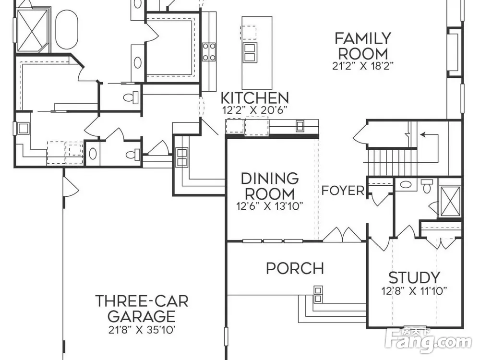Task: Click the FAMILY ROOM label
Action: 363,46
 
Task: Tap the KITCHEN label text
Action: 255,98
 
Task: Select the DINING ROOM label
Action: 270,186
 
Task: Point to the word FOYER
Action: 343,191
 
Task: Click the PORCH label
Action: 295,268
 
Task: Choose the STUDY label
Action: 414,277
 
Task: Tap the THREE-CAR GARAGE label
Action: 142,309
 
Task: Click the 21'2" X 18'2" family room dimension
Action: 363,66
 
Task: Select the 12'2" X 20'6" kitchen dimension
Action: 255,110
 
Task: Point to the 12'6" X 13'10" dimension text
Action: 270,206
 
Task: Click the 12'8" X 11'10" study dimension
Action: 414,290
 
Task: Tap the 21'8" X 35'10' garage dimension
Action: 142,330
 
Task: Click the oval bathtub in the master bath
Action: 66,29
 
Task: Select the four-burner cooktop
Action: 209,52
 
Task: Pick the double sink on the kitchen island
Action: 250,53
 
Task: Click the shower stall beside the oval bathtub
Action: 32,31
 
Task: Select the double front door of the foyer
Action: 343,234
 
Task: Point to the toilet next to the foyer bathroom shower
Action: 427,186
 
